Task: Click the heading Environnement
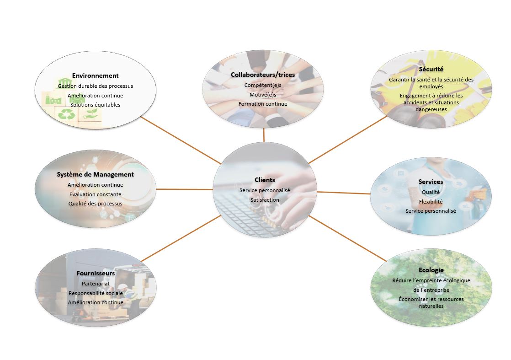tap(95, 75)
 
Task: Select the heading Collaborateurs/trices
tap(263, 75)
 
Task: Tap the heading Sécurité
tap(431, 69)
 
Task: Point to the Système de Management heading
tap(95, 174)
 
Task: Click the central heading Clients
tap(265, 180)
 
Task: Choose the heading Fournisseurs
tap(96, 273)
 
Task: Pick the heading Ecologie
tap(431, 270)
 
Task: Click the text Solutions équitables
tap(95, 105)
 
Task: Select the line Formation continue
tap(263, 104)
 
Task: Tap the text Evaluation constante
tap(95, 194)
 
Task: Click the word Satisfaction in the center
tap(265, 200)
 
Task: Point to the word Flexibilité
tap(431, 202)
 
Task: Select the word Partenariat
tap(96, 284)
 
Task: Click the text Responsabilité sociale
tap(96, 294)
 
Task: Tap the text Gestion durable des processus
tap(95, 86)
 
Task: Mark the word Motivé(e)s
tap(263, 95)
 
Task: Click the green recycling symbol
tap(66, 114)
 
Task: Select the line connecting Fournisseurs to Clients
tap(181, 238)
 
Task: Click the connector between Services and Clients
tap(344, 193)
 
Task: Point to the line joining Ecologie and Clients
tap(348, 238)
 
